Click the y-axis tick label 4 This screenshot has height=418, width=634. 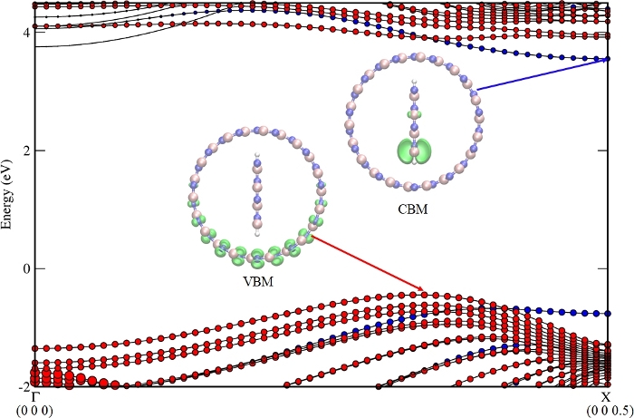point(26,33)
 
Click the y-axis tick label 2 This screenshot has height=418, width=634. point(26,151)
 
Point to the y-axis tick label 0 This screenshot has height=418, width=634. point(26,268)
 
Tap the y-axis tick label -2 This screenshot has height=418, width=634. point(24,385)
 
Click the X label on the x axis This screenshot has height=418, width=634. point(607,397)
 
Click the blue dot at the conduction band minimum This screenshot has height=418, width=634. point(608,60)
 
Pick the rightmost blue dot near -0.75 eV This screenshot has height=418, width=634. point(608,314)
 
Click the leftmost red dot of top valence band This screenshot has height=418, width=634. point(36,348)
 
